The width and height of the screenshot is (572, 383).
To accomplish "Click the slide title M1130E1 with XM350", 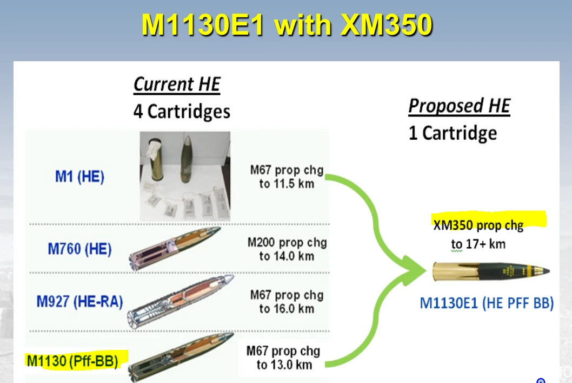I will [x=287, y=25].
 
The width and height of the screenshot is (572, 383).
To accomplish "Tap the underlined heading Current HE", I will [x=177, y=85].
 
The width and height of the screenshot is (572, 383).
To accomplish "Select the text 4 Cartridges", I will [x=182, y=112].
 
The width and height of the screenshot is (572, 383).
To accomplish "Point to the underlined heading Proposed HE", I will [x=459, y=106].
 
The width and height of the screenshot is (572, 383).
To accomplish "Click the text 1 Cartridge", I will [x=453, y=133].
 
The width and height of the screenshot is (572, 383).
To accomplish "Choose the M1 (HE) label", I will [x=79, y=177].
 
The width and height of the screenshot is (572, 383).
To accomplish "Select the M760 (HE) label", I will [x=79, y=249].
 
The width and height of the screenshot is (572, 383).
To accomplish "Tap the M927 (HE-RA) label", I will [x=80, y=301].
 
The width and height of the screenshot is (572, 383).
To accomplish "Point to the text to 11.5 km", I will [x=287, y=184].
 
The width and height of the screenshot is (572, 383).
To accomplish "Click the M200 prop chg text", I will [x=287, y=242].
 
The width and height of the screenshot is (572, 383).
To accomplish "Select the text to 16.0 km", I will [x=287, y=309].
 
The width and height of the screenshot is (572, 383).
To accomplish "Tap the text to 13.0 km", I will [x=284, y=365].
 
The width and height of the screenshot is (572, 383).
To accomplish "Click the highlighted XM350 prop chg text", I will [x=478, y=225].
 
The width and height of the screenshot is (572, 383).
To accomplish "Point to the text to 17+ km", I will [x=478, y=244].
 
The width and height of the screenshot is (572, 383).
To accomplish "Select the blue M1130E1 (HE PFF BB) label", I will [x=487, y=303].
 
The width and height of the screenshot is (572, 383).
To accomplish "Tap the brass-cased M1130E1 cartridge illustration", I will [x=491, y=269].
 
